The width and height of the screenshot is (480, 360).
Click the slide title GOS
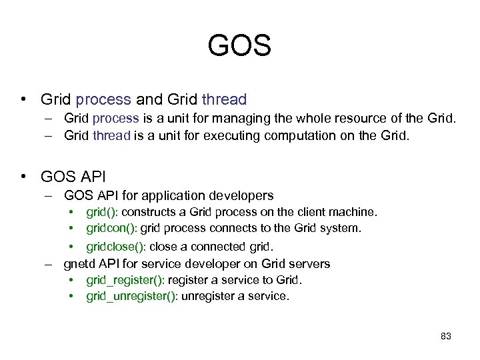tap(239, 46)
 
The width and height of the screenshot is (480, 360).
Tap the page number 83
tap(446, 336)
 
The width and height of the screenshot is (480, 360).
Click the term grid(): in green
tap(103, 212)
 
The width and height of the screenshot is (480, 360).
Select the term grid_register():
tap(126, 280)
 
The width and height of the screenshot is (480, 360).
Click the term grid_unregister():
tap(132, 296)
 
